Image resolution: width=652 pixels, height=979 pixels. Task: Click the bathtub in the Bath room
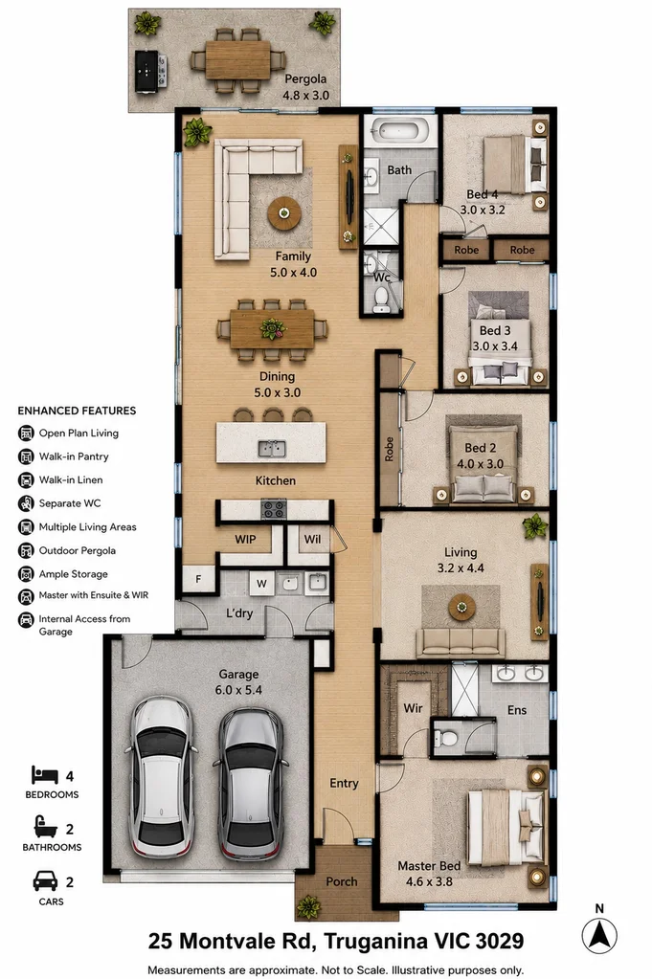tap(399, 132)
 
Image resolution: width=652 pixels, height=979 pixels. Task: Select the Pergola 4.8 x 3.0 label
tap(306, 87)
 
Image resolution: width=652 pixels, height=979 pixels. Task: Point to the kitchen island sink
tap(272, 448)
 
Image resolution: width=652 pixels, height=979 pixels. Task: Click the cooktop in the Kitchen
tap(274, 509)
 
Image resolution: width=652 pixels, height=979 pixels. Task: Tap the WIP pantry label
tap(245, 539)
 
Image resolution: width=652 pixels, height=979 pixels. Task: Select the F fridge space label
tap(198, 579)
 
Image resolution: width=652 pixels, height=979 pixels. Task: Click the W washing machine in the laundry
tap(261, 584)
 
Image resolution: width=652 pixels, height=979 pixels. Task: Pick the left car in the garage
tap(161, 778)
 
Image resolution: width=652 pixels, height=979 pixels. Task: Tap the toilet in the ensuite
tap(446, 738)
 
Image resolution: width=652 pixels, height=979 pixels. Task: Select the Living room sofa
tap(461, 643)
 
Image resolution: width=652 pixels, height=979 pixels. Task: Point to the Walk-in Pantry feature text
tap(74, 456)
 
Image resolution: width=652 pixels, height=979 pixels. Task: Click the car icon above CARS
tap(45, 881)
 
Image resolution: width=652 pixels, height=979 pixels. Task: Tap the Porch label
tap(342, 881)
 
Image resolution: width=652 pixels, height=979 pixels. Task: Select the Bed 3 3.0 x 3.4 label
tap(495, 339)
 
